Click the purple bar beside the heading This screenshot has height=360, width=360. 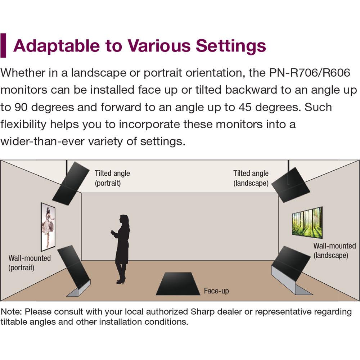(3, 45)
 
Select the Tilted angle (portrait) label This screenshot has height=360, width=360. (112, 178)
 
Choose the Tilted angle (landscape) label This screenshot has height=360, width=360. (251, 178)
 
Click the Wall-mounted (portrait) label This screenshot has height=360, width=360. (30, 263)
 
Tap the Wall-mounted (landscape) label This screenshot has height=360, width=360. (334, 251)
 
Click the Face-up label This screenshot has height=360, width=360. (216, 291)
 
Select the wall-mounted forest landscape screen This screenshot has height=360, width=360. (307, 222)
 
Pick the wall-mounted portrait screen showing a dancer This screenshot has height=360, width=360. (48, 227)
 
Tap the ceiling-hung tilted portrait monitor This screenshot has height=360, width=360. (71, 184)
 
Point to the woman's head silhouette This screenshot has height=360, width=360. (124, 220)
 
